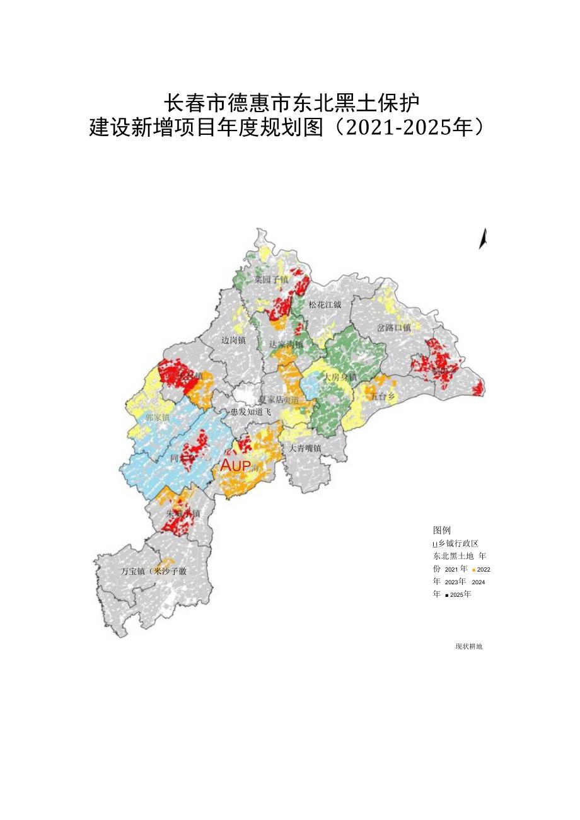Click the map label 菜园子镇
(x=271, y=279)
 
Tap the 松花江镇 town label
(x=325, y=304)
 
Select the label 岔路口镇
(x=394, y=328)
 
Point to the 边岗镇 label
(x=233, y=340)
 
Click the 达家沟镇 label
(x=286, y=345)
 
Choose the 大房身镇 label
(x=340, y=377)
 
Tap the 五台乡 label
(x=383, y=397)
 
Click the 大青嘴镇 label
(x=305, y=448)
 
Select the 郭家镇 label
(x=157, y=417)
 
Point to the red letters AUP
(x=236, y=466)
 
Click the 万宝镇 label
(x=132, y=571)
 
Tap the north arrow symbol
(x=484, y=239)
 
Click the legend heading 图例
(x=442, y=530)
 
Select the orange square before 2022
(x=473, y=569)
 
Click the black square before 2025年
(x=446, y=594)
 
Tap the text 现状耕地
(x=468, y=646)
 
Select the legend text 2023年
(x=455, y=582)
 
